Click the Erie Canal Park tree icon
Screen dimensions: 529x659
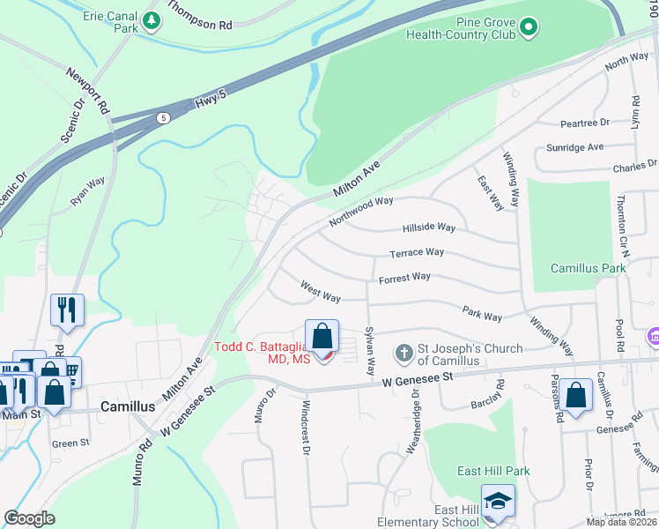(152, 20)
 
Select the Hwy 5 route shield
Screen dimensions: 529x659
(163, 117)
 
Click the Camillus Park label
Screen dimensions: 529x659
(588, 267)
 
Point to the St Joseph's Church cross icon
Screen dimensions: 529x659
(404, 354)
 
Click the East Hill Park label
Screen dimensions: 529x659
(493, 471)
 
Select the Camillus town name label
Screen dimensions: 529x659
(128, 408)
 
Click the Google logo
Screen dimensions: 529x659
(29, 518)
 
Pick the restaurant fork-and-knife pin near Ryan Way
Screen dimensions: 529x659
(67, 309)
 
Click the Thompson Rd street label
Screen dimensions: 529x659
(199, 16)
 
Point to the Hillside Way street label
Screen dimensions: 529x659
(428, 227)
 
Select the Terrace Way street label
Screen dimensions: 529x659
(417, 252)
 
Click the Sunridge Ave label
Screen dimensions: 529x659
(575, 146)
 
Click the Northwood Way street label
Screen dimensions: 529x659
(361, 212)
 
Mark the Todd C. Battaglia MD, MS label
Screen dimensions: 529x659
(261, 353)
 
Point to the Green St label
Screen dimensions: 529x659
(65, 443)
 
